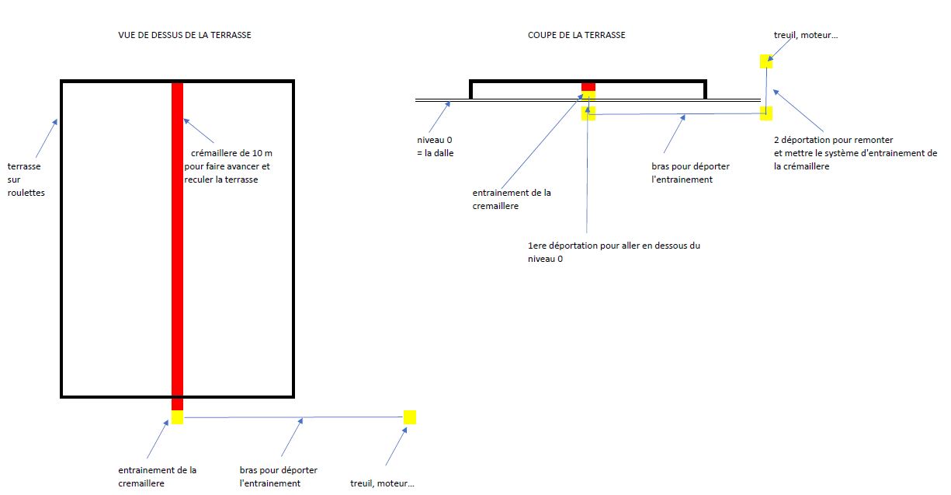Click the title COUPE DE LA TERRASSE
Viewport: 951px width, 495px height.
(576, 35)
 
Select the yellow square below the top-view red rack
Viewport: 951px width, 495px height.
(177, 417)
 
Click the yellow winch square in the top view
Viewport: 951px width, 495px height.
(410, 417)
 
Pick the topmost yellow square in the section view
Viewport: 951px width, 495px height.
(766, 61)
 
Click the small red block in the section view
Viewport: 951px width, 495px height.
(588, 86)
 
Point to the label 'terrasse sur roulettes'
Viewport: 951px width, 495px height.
(26, 180)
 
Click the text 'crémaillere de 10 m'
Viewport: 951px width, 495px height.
(231, 153)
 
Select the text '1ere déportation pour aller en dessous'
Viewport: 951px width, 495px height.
(613, 246)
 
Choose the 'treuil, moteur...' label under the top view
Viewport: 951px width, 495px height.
(383, 483)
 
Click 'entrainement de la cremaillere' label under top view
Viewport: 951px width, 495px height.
(157, 476)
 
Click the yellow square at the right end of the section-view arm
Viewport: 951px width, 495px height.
(766, 113)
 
